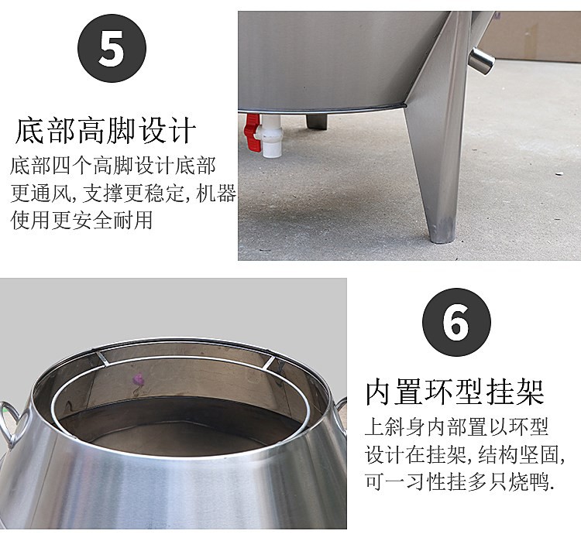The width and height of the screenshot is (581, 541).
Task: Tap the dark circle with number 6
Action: click(x=456, y=323)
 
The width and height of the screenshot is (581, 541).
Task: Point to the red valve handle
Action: click(x=251, y=132)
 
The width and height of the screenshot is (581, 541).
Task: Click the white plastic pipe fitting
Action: click(x=271, y=139)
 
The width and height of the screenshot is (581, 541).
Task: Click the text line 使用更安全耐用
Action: click(x=81, y=221)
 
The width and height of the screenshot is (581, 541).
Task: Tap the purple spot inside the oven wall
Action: click(x=141, y=380)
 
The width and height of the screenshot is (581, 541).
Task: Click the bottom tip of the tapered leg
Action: click(x=442, y=233)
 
